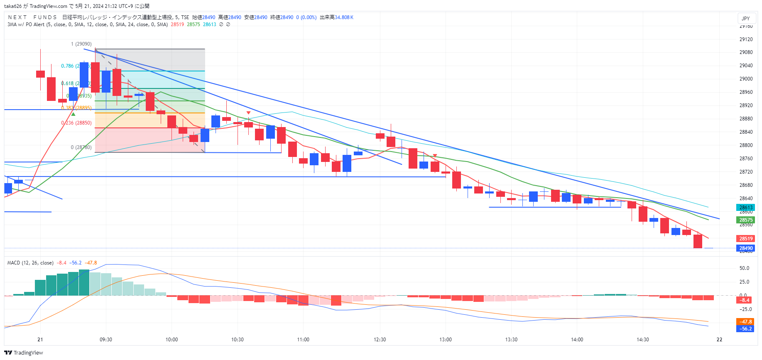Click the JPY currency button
click(x=746, y=18)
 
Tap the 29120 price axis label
click(x=746, y=39)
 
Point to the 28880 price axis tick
click(x=746, y=119)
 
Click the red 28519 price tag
click(x=746, y=239)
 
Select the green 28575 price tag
click(x=746, y=220)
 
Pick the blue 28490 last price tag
click(x=746, y=248)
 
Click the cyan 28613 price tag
click(x=746, y=208)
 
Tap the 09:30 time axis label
click(x=106, y=340)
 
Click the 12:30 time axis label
click(x=380, y=340)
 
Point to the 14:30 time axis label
click(x=642, y=340)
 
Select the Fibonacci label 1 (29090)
click(x=81, y=44)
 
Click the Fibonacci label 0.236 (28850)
click(x=76, y=123)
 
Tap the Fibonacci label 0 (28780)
click(x=81, y=147)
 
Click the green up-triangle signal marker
click(x=73, y=114)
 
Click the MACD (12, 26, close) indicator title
click(x=30, y=263)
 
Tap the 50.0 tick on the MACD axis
click(x=744, y=268)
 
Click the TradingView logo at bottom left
click(x=24, y=353)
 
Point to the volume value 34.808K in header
click(x=344, y=17)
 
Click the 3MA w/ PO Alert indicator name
click(x=26, y=24)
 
